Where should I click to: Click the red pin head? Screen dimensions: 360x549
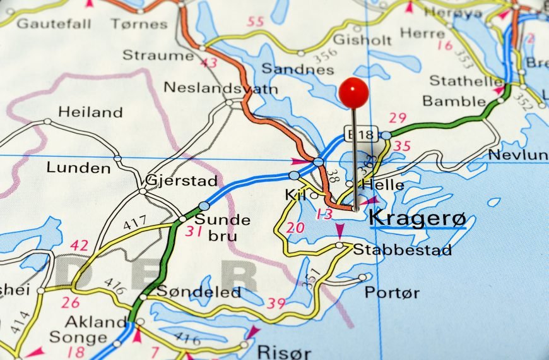coord(353,92)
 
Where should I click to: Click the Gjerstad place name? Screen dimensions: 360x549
coord(181,181)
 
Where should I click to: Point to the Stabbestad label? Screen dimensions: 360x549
coord(403,250)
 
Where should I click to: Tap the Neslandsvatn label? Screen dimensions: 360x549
coord(220,88)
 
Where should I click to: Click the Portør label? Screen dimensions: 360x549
coord(392,292)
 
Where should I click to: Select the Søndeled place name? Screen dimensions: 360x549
coord(199,292)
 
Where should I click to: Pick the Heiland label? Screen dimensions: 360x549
coord(90,112)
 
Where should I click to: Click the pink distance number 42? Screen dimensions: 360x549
coord(80,245)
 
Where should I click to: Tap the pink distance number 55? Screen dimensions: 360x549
coord(256,22)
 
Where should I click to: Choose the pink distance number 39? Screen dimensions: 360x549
coord(276,304)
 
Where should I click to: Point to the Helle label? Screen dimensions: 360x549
coord(383,185)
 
